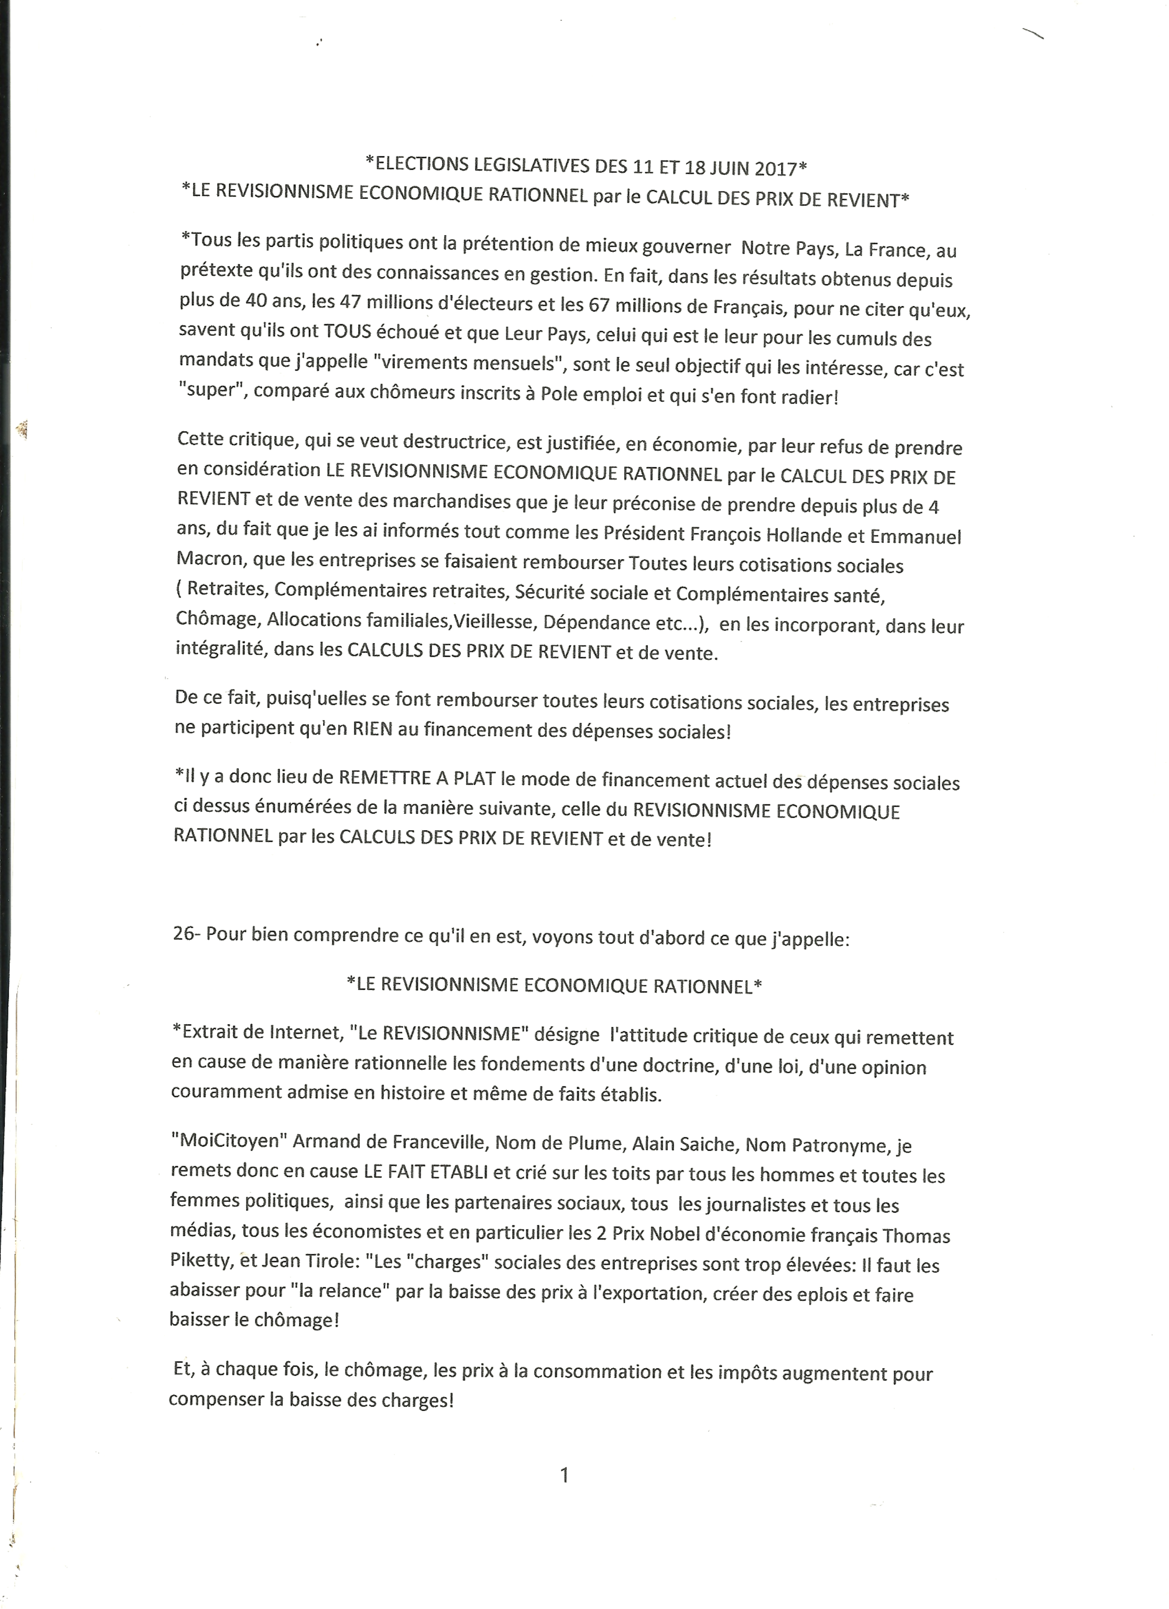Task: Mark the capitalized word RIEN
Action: tap(372, 729)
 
